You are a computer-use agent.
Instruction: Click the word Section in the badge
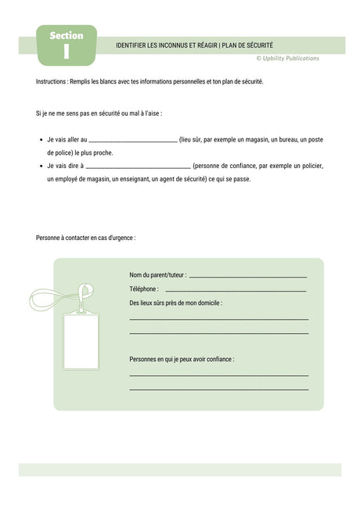pyautogui.click(x=67, y=36)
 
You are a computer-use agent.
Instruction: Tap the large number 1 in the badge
pyautogui.click(x=67, y=52)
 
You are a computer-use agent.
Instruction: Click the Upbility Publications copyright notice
pyautogui.click(x=287, y=59)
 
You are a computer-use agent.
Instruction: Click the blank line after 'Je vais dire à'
pyautogui.click(x=138, y=167)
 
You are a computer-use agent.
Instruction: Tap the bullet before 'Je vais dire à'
pyautogui.click(x=41, y=166)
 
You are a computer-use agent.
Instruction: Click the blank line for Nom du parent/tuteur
pyautogui.click(x=248, y=277)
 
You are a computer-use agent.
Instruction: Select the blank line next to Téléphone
pyautogui.click(x=236, y=290)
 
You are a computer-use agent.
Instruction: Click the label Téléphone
pyautogui.click(x=144, y=289)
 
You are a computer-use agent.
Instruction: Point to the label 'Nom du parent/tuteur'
pyautogui.click(x=158, y=275)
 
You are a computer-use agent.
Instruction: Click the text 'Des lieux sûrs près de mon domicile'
pyautogui.click(x=176, y=302)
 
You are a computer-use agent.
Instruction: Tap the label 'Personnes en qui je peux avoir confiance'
pyautogui.click(x=182, y=359)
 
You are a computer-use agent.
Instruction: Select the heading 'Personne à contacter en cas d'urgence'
pyautogui.click(x=85, y=238)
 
